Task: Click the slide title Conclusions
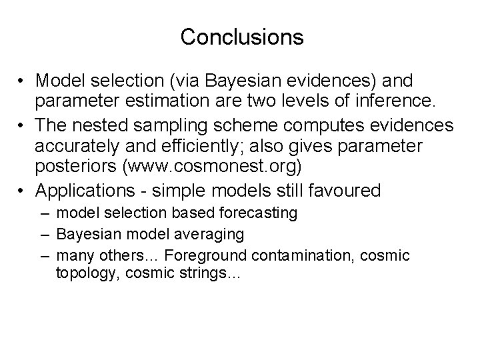point(241,37)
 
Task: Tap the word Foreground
point(205,255)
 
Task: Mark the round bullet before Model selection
point(23,81)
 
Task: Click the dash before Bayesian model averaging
point(44,234)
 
